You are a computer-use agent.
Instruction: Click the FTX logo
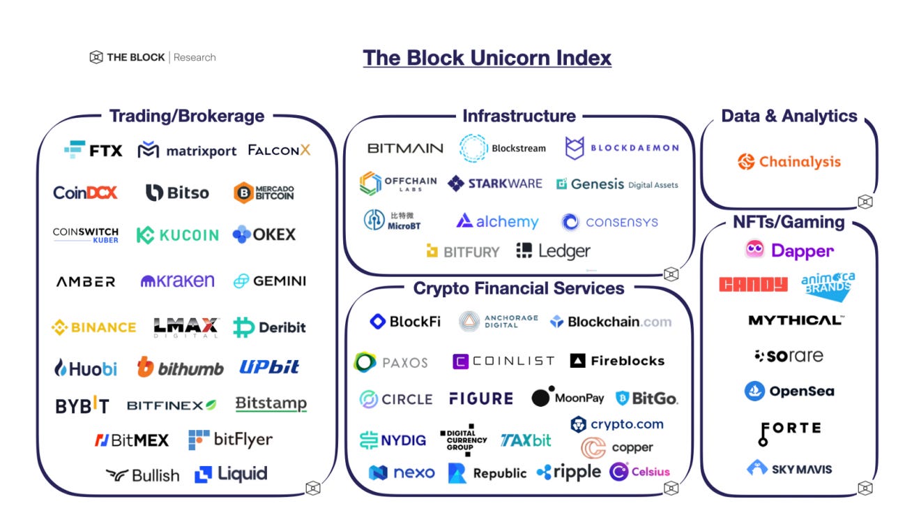click(x=93, y=150)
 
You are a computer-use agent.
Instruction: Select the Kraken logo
click(x=178, y=281)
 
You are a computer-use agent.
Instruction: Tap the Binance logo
click(x=94, y=327)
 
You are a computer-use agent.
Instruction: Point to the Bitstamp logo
click(x=271, y=404)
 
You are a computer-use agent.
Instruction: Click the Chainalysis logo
click(x=789, y=162)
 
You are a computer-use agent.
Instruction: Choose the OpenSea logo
click(x=789, y=391)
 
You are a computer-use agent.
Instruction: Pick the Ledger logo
click(x=554, y=251)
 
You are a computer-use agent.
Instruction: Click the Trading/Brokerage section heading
click(x=187, y=116)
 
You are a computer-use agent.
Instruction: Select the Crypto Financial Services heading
click(x=519, y=288)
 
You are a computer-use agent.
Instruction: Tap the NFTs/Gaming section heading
click(x=789, y=222)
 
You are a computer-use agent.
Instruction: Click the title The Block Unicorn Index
click(x=487, y=57)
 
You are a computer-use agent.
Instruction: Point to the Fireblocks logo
click(x=617, y=361)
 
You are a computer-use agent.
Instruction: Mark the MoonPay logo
click(x=568, y=397)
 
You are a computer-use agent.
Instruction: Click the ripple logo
click(x=568, y=472)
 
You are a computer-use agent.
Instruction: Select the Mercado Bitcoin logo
click(x=264, y=193)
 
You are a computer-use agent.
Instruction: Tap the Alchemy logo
click(x=497, y=222)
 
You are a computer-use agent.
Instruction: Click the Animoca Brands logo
click(x=828, y=285)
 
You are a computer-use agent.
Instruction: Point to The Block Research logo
click(x=153, y=57)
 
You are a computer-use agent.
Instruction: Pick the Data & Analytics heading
click(x=789, y=116)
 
